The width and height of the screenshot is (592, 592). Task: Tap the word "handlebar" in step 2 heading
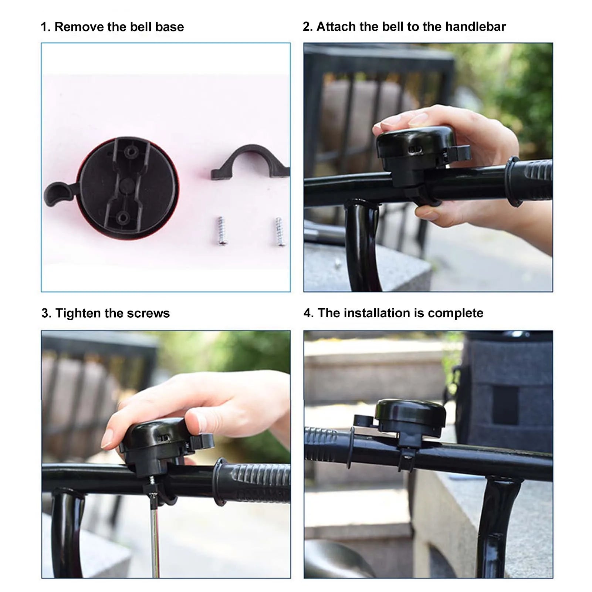(x=475, y=27)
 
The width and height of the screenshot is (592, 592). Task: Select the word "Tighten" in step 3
(x=78, y=314)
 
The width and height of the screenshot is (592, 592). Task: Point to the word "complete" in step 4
(x=456, y=314)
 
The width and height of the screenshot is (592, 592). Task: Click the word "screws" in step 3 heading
(x=148, y=314)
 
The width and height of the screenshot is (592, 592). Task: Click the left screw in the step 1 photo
(x=221, y=231)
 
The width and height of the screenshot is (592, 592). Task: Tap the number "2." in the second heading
(x=308, y=27)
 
